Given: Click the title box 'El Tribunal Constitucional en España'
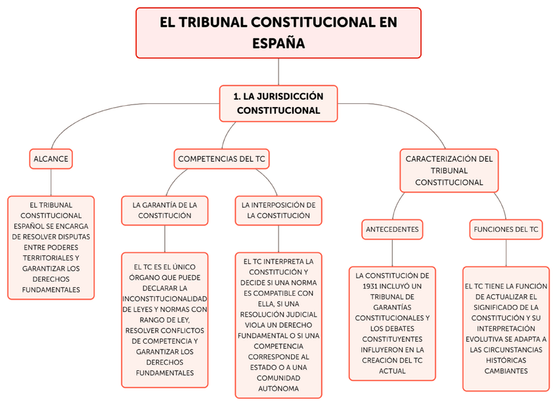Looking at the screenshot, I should point(278,33).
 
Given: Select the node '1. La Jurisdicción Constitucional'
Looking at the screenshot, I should point(278,103).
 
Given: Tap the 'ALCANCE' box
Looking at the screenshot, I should point(51,158).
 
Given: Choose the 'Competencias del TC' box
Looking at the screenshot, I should point(222,158).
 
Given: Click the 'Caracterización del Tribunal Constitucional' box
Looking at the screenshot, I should point(449,170).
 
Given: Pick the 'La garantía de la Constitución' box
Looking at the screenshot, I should point(165,210).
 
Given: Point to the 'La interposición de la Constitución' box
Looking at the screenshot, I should point(278,210).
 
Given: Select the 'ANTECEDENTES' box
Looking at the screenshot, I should point(391,229).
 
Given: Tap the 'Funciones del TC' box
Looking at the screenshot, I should point(506,229).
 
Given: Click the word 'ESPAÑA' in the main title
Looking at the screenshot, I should point(278,44).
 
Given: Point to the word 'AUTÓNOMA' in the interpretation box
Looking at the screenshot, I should point(278,388).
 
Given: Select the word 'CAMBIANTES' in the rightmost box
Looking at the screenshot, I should point(506,371).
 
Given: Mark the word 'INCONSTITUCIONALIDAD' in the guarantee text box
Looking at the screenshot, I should point(165,299).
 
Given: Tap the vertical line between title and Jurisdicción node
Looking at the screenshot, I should point(278,72).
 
